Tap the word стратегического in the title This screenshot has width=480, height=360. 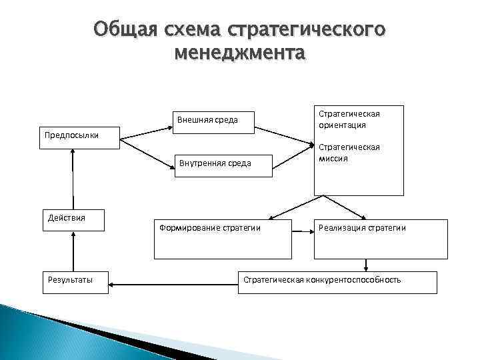307,30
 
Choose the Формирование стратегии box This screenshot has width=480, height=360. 222,241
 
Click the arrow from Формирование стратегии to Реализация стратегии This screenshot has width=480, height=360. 302,231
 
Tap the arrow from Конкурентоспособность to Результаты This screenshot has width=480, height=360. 173,284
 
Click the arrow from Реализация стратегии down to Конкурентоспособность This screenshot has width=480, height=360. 365,265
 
